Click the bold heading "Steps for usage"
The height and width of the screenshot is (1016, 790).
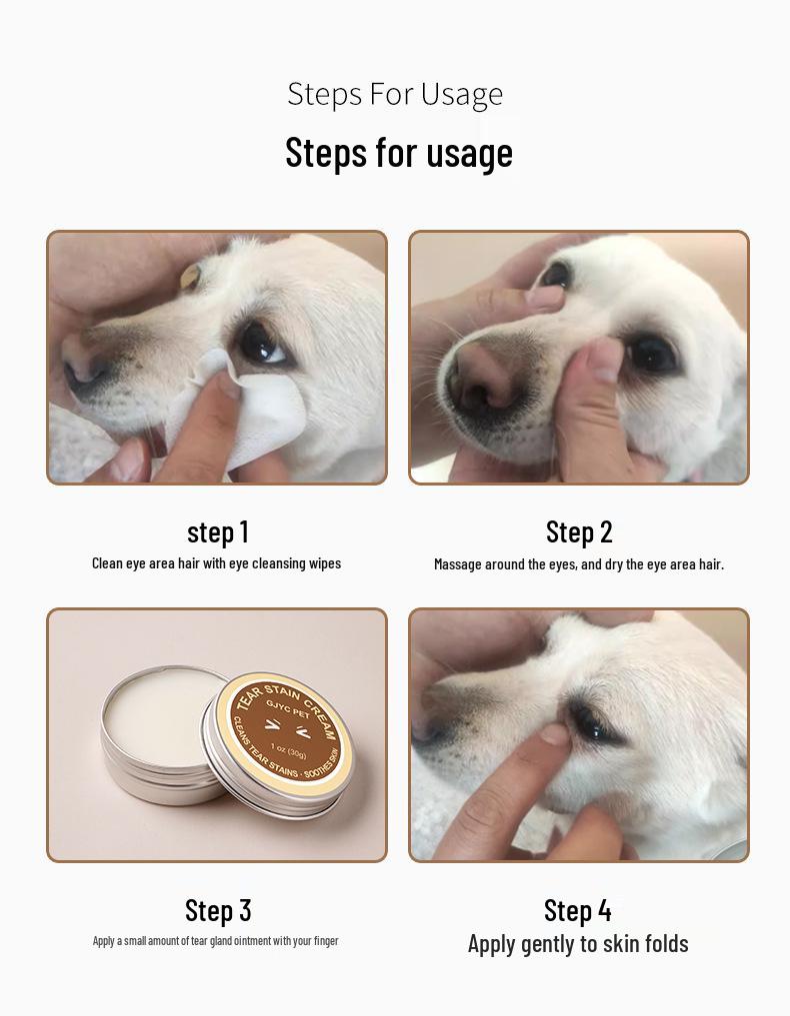pyautogui.click(x=398, y=153)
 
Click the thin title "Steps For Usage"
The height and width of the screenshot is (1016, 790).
pyautogui.click(x=395, y=94)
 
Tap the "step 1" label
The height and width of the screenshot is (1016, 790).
pyautogui.click(x=217, y=531)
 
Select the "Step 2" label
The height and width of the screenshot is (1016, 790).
pyautogui.click(x=579, y=531)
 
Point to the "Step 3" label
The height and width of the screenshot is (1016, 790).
pyautogui.click(x=218, y=910)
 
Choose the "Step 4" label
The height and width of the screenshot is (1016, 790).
pyautogui.click(x=578, y=910)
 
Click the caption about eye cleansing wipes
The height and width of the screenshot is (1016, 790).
pyautogui.click(x=216, y=563)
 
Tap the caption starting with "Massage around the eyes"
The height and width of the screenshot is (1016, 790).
pyautogui.click(x=578, y=564)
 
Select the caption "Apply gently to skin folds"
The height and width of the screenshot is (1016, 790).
pyautogui.click(x=578, y=944)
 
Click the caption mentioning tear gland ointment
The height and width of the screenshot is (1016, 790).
pyautogui.click(x=216, y=941)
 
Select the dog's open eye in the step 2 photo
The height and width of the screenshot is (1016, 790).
pyautogui.click(x=651, y=352)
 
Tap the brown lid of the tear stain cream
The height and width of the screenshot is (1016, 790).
pyautogui.click(x=283, y=734)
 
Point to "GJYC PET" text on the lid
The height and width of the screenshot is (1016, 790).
pyautogui.click(x=286, y=715)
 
